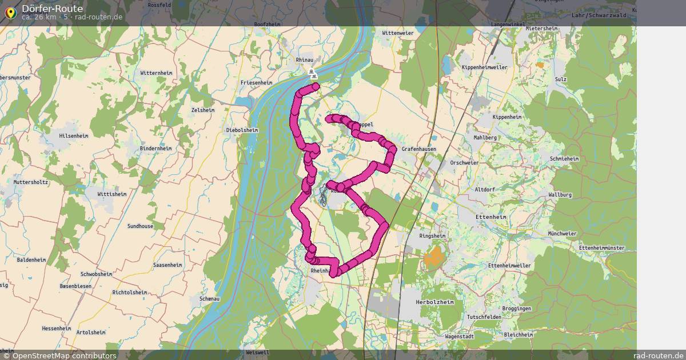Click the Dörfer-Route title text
tap(52, 9)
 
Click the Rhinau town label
tap(305, 59)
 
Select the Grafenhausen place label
tap(419, 149)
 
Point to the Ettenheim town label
tap(490, 217)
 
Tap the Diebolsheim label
tap(242, 130)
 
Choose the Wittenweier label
tap(398, 33)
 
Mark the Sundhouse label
tap(140, 226)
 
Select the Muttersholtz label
tap(31, 182)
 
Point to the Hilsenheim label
tap(74, 136)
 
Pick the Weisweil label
tap(257, 353)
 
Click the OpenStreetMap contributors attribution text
tap(64, 355)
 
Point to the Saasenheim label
tap(167, 265)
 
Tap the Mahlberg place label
tap(481, 138)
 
